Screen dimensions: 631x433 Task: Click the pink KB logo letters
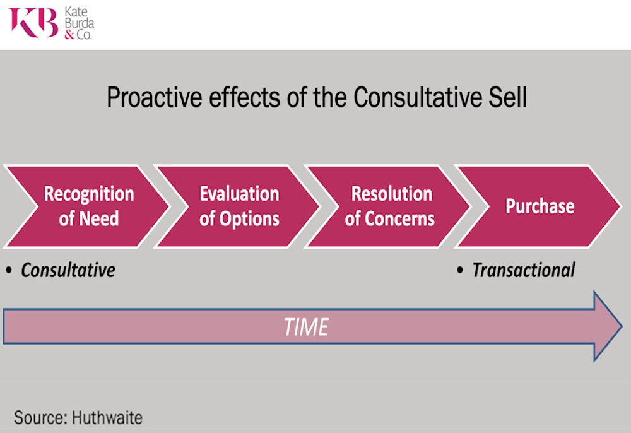(x=34, y=23)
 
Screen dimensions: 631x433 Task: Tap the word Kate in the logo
(x=76, y=11)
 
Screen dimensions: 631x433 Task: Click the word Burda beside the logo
(x=80, y=23)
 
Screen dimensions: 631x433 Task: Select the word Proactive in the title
(x=154, y=97)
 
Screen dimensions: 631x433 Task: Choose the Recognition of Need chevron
(x=86, y=206)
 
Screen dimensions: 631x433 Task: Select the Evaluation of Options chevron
(x=237, y=206)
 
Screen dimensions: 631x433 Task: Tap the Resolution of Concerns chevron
(x=387, y=206)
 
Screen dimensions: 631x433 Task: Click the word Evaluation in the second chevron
(x=239, y=194)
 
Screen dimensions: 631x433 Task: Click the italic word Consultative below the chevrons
(x=68, y=270)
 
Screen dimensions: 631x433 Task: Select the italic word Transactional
(x=524, y=270)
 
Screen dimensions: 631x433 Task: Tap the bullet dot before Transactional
(x=460, y=270)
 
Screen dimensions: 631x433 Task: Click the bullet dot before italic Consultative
(x=9, y=270)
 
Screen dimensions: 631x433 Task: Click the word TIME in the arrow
(x=306, y=327)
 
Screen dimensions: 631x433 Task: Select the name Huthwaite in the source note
(x=107, y=418)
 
